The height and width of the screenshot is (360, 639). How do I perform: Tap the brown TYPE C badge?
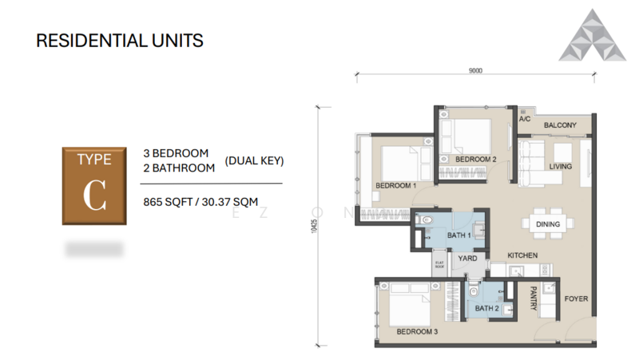93,185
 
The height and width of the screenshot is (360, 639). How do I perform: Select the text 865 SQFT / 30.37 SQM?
200,201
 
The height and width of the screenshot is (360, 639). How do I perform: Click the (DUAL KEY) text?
255,160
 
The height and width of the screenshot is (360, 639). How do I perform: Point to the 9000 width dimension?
475,70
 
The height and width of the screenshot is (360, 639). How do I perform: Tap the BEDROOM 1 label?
396,185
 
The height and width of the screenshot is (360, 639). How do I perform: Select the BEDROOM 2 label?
476,159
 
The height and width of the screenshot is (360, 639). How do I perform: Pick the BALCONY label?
561,125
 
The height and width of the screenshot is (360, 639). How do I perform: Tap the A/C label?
525,120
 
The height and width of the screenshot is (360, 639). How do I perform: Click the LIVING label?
560,166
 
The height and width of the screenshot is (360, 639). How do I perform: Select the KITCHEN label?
522,255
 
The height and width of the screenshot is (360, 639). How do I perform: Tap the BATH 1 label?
459,235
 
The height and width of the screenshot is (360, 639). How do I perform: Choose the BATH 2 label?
486,308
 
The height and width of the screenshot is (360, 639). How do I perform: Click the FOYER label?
576,299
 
